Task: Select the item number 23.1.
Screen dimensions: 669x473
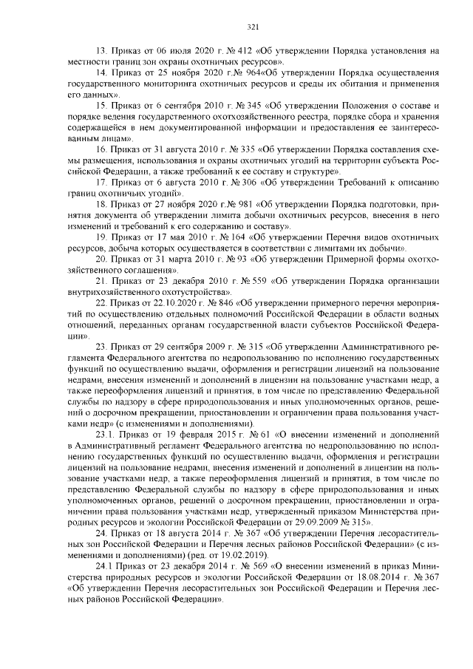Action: point(106,435)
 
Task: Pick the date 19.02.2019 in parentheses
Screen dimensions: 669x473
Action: point(226,554)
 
